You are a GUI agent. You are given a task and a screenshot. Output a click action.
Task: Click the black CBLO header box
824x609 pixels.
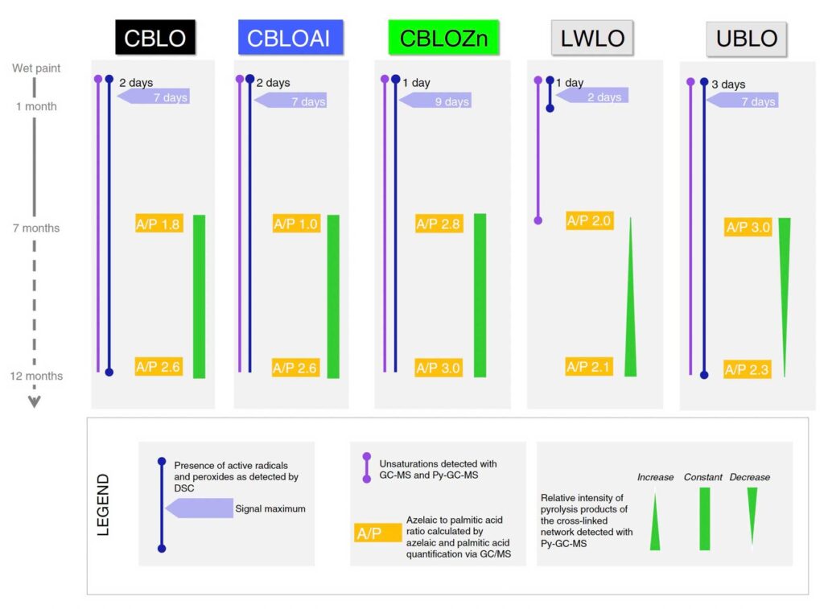click(x=155, y=38)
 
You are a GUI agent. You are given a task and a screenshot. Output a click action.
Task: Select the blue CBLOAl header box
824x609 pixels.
click(x=290, y=38)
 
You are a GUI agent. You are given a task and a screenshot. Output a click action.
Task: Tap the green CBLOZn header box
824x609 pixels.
click(x=443, y=38)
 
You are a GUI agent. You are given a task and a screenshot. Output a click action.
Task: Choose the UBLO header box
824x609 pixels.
click(x=746, y=39)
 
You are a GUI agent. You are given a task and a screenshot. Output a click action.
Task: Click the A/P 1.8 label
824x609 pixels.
click(x=159, y=224)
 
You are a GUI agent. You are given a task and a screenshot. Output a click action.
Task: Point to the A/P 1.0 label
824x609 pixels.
click(x=296, y=224)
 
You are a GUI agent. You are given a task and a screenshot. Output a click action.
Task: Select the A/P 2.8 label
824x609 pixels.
click(x=439, y=224)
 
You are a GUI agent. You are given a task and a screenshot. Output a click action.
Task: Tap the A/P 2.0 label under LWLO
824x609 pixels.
click(x=590, y=220)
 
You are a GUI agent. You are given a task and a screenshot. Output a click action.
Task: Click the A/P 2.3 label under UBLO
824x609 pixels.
click(x=748, y=370)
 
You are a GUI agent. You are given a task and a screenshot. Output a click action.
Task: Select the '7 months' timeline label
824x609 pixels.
click(x=36, y=228)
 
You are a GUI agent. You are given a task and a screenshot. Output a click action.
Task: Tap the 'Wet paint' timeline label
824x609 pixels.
click(x=36, y=68)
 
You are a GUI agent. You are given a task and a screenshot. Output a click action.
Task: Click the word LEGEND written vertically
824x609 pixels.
click(x=104, y=504)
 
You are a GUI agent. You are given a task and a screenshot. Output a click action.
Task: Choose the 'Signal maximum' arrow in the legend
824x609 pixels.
click(x=199, y=508)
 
